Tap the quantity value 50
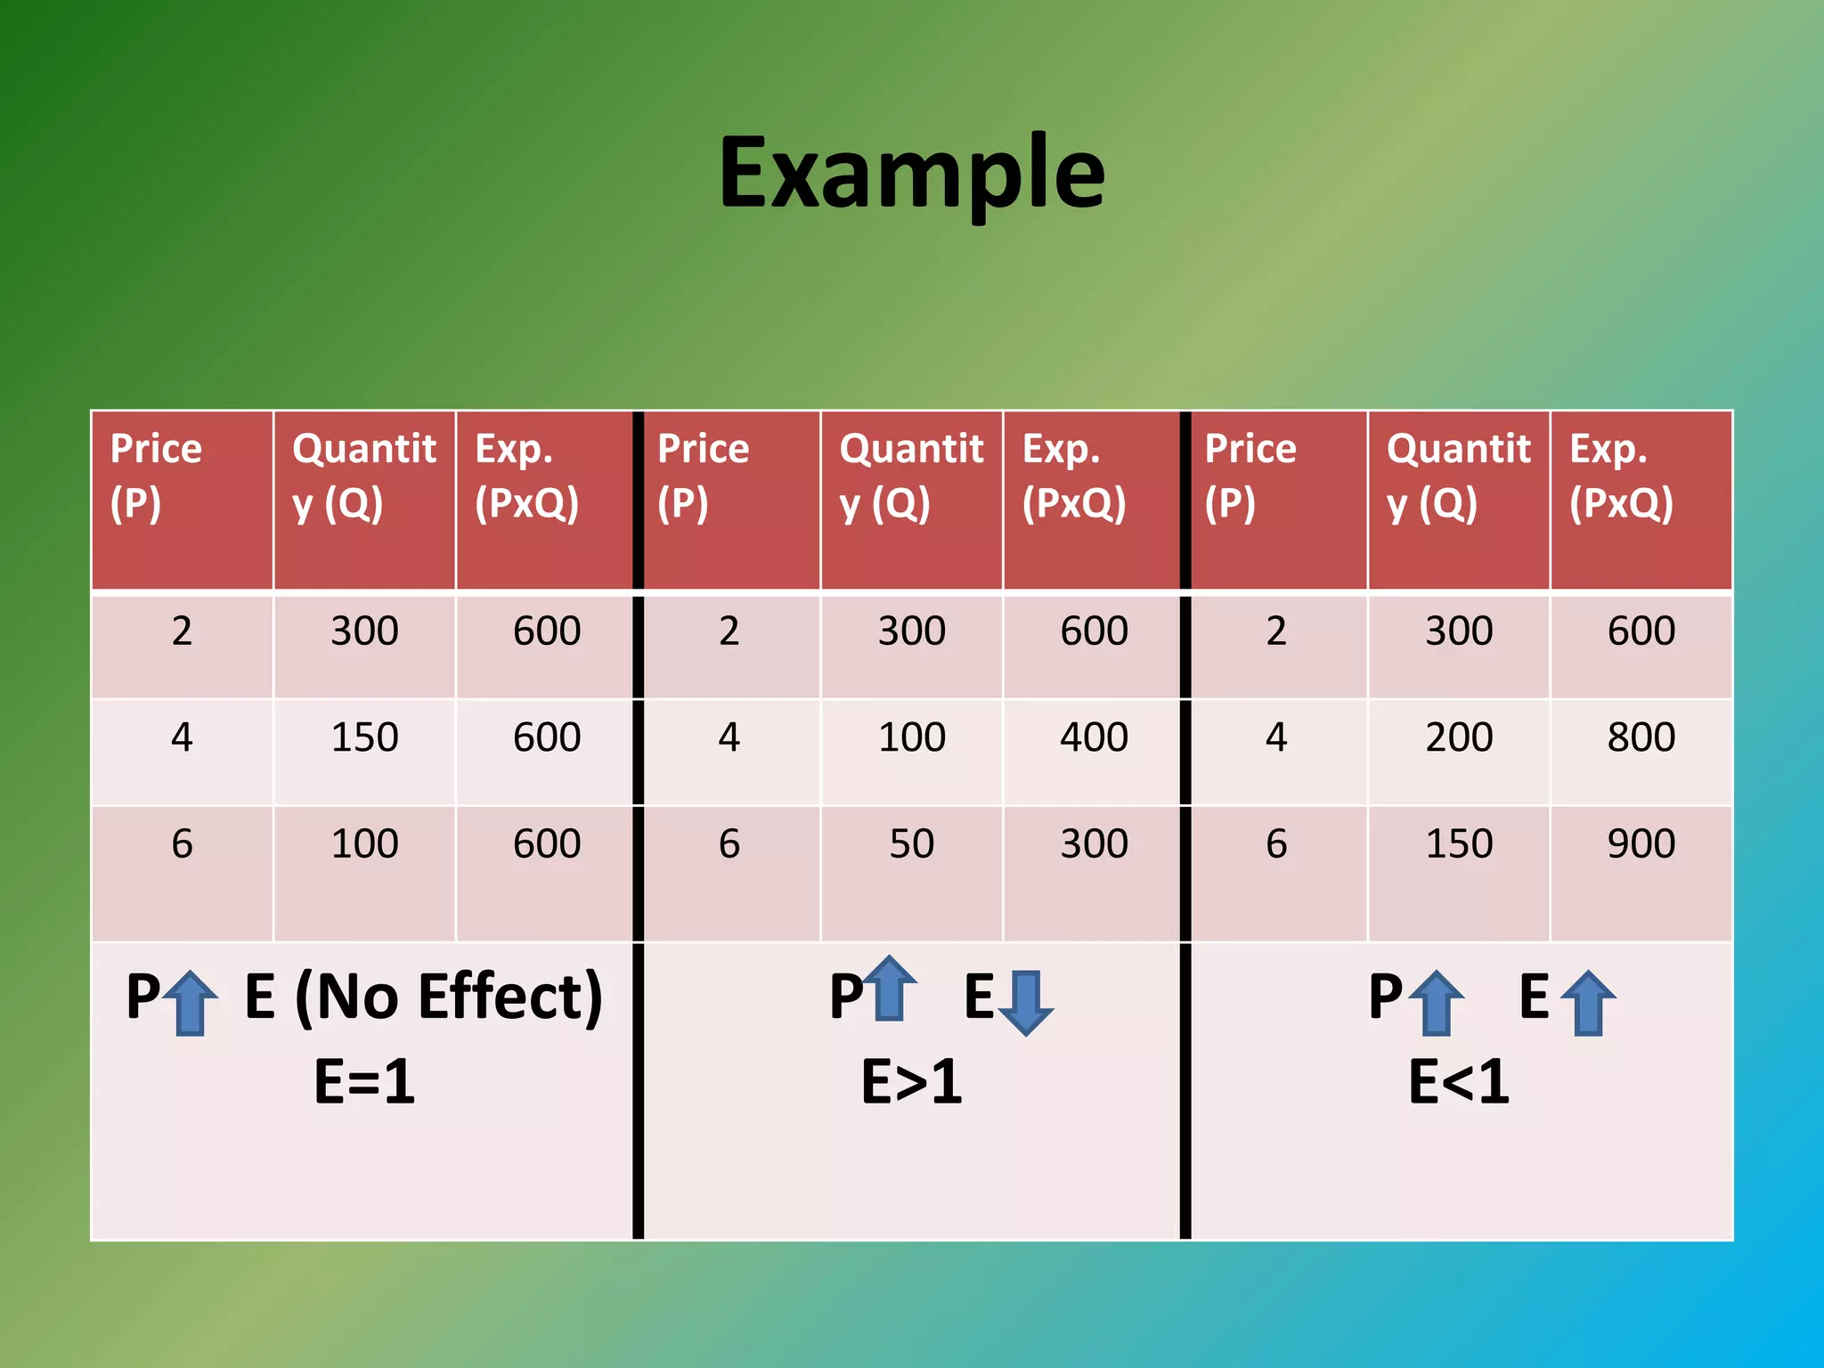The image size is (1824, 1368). click(x=911, y=843)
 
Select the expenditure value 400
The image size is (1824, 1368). click(x=1094, y=737)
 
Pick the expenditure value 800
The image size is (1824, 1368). click(x=1641, y=737)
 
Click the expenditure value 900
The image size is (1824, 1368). click(x=1641, y=843)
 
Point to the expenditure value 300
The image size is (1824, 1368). click(x=1094, y=843)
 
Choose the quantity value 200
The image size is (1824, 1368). click(x=1459, y=737)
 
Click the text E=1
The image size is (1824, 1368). click(x=364, y=1082)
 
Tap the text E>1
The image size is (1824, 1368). click(x=911, y=1082)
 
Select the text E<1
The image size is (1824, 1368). click(x=1459, y=1082)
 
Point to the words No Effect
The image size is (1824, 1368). click(x=449, y=997)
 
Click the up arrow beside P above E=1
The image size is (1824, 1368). click(x=191, y=1003)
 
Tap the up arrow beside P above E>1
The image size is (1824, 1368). click(x=891, y=987)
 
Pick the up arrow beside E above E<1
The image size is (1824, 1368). click(x=1588, y=1003)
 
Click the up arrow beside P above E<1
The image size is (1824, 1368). click(x=1437, y=1003)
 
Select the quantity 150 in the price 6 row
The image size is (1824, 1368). click(x=1459, y=843)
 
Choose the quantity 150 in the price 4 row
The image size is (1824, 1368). click(x=364, y=737)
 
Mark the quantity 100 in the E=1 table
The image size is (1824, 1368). click(x=364, y=843)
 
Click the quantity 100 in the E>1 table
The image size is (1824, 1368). click(x=911, y=737)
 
